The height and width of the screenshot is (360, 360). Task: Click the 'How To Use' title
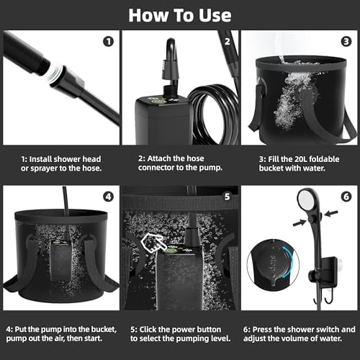tap(180, 14)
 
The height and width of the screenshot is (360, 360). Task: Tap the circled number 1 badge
tap(108, 41)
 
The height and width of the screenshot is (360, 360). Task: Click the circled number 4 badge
tap(108, 196)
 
